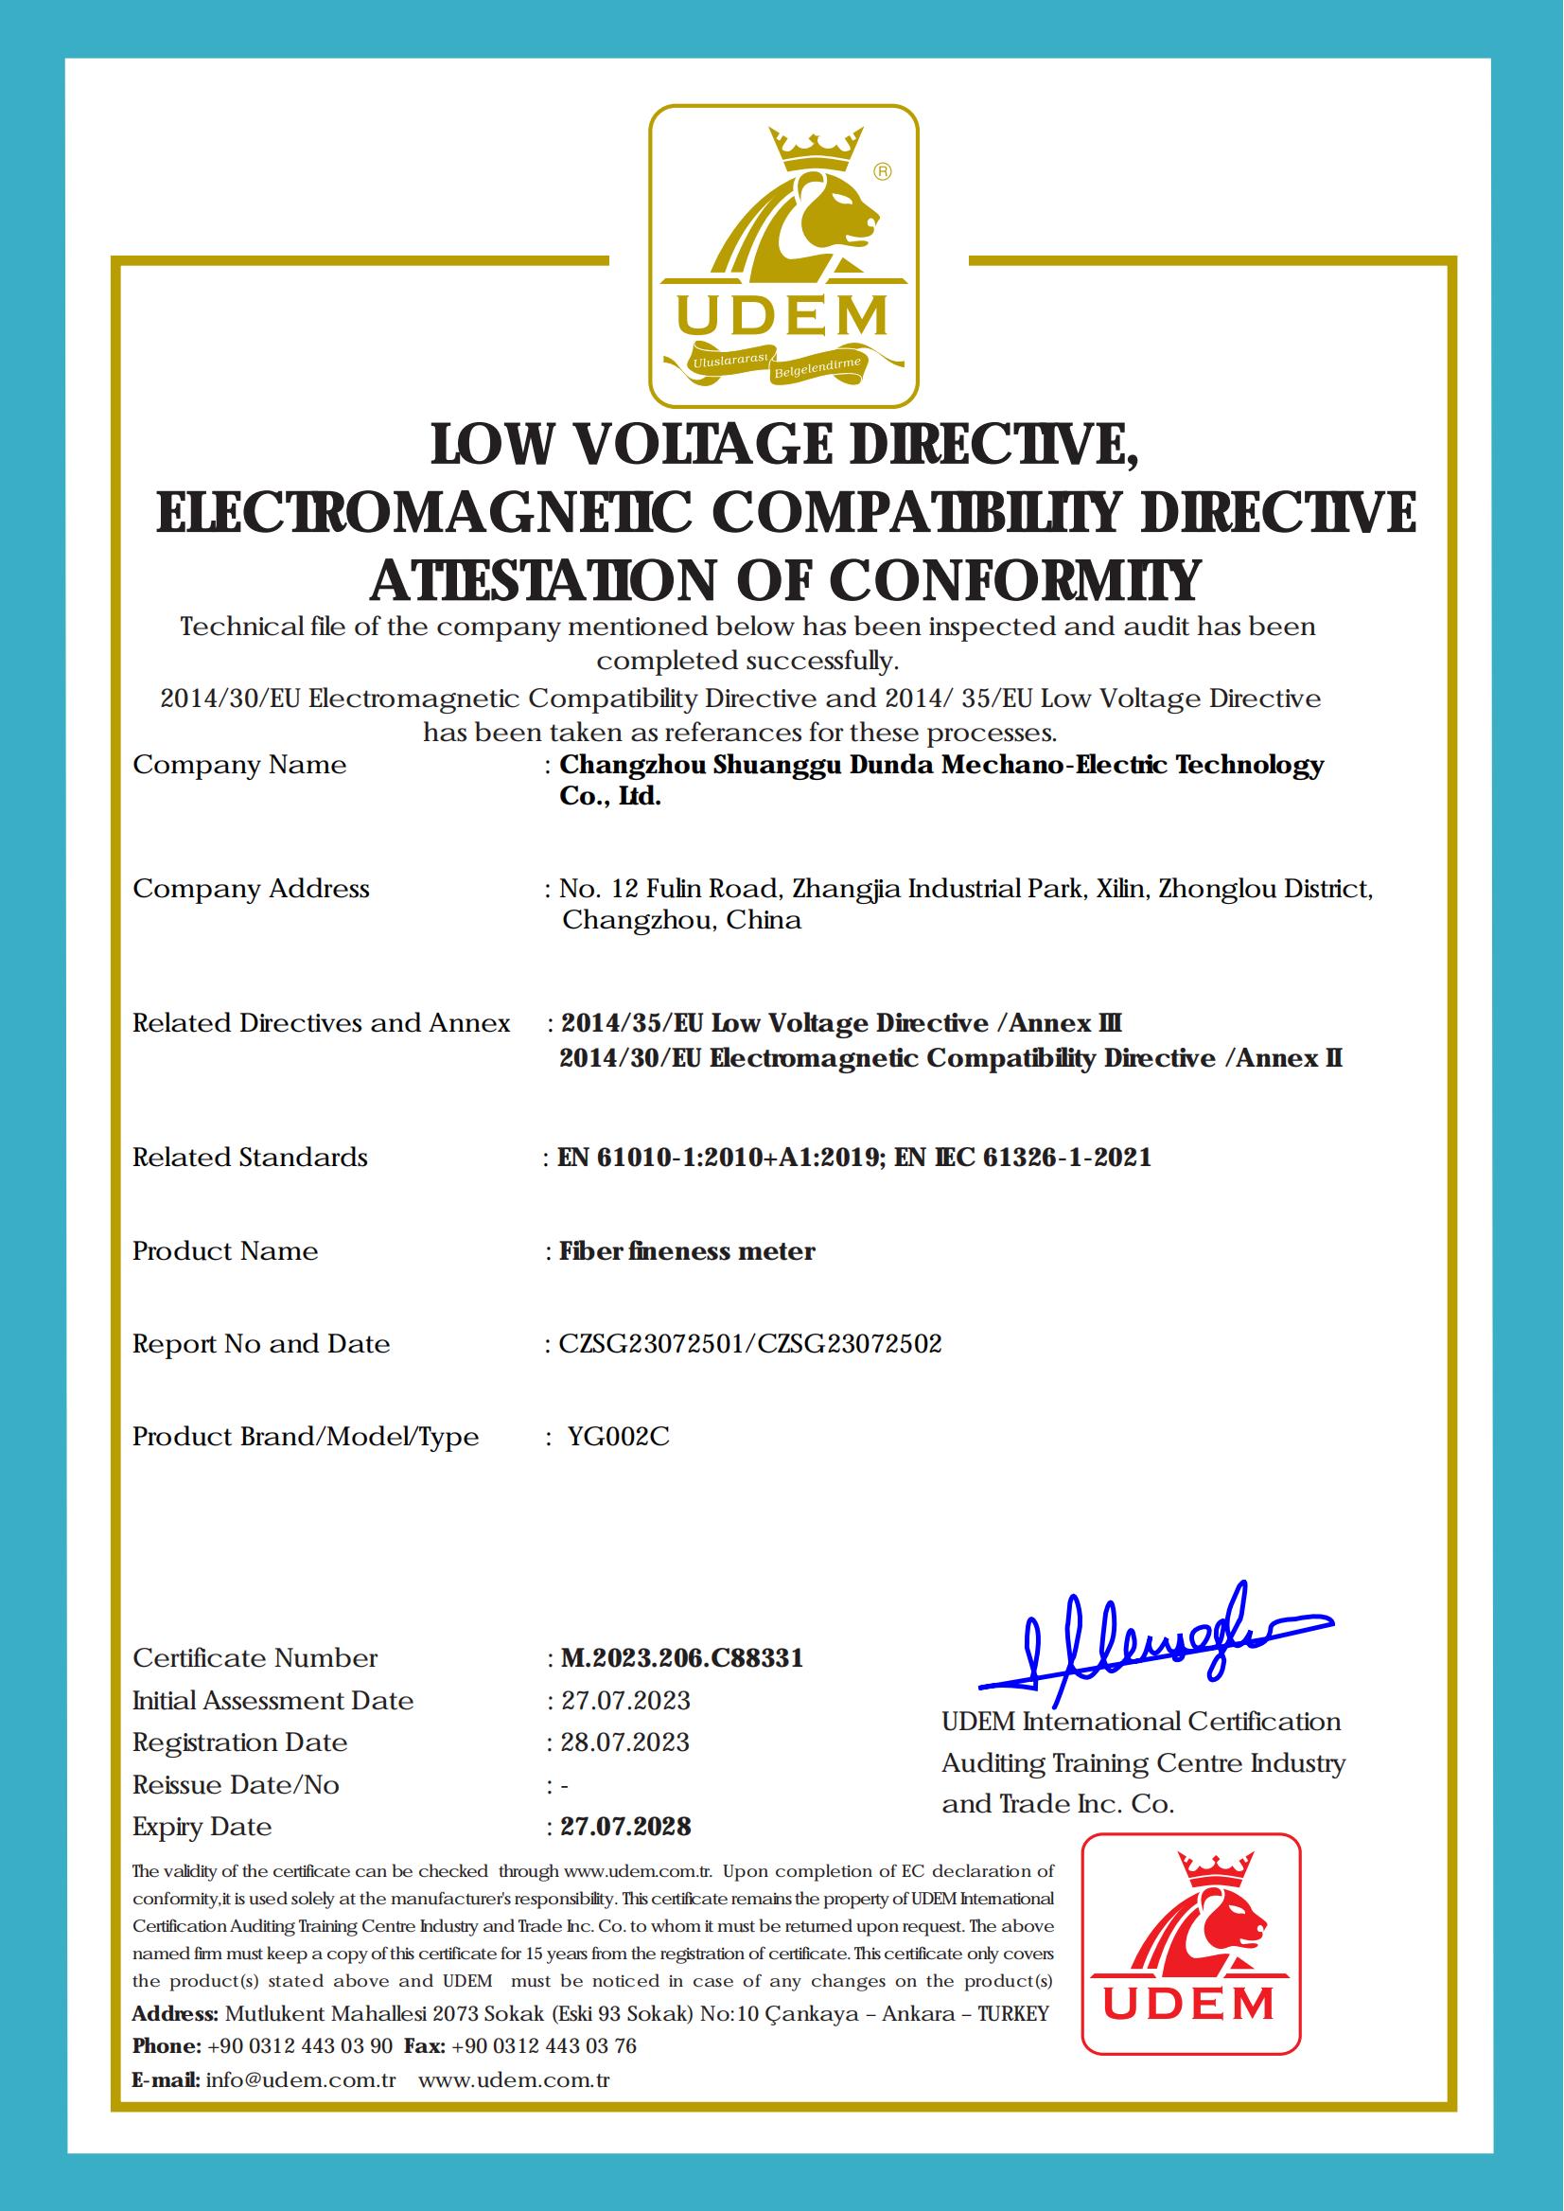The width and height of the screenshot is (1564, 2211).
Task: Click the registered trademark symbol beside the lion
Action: tap(881, 171)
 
